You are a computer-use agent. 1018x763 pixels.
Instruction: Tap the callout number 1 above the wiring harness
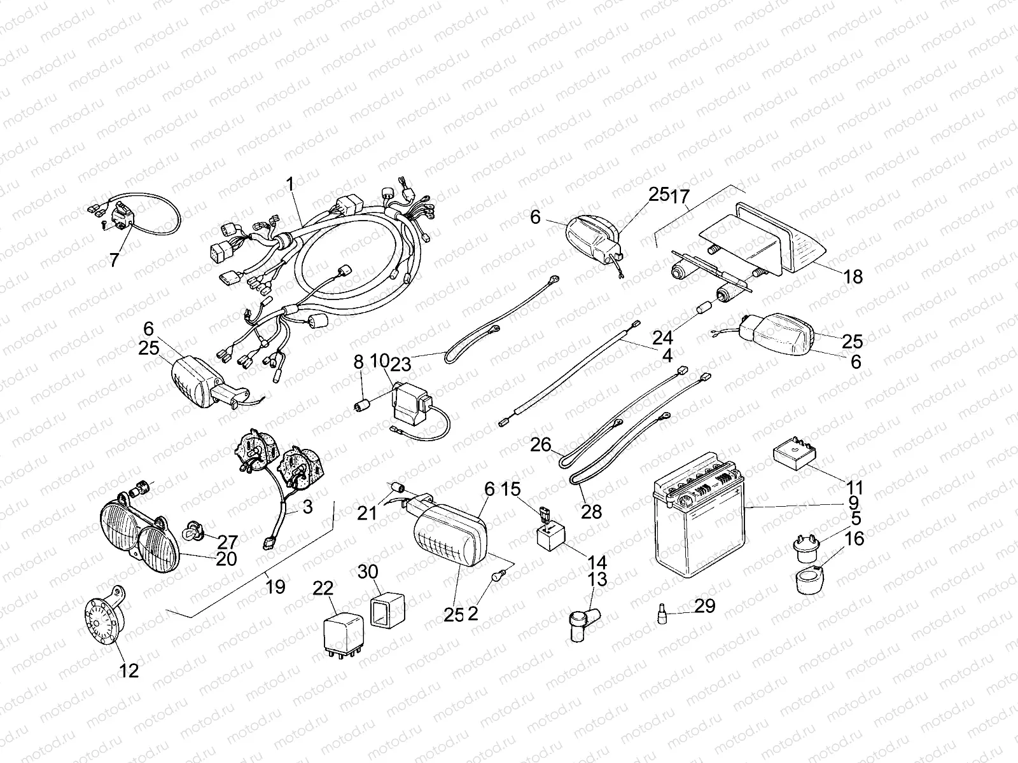pos(290,167)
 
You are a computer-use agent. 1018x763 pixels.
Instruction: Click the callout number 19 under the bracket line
pos(275,586)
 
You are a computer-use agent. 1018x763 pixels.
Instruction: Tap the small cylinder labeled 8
pos(362,405)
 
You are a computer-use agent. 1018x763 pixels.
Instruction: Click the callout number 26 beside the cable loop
pos(541,444)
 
